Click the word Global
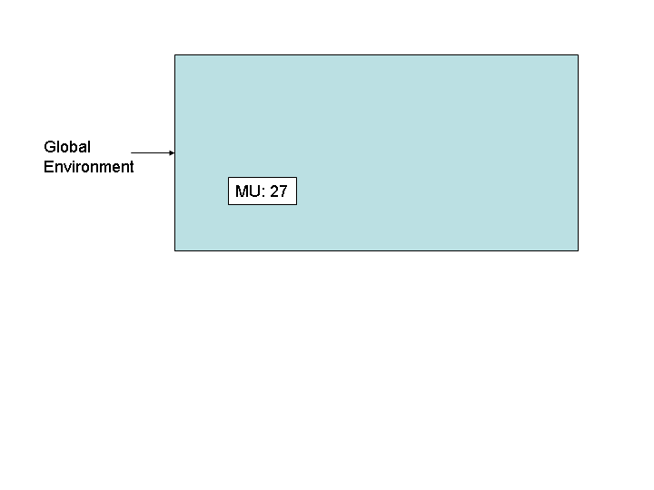[67, 147]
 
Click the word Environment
[88, 167]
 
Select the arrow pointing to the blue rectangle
[153, 153]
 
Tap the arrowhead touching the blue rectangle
[173, 153]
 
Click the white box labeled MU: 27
[263, 191]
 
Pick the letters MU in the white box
[248, 191]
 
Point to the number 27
[279, 191]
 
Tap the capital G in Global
[50, 147]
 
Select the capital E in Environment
[48, 167]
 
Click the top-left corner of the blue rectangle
[174, 55]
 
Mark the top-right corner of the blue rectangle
[578, 55]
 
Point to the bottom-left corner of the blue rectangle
[174, 250]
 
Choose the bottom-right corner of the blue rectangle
[578, 250]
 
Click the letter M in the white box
[242, 191]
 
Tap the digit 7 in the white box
[283, 191]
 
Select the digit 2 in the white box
[274, 191]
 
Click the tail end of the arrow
[132, 153]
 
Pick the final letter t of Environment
[132, 167]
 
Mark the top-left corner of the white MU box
[228, 178]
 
